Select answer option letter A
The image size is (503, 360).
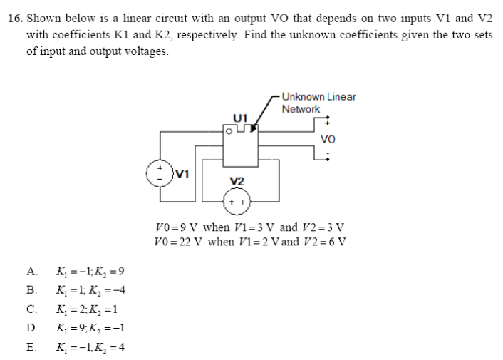30,272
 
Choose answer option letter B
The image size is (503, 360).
30,290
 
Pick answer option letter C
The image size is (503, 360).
30,309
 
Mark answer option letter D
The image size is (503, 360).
30,329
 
